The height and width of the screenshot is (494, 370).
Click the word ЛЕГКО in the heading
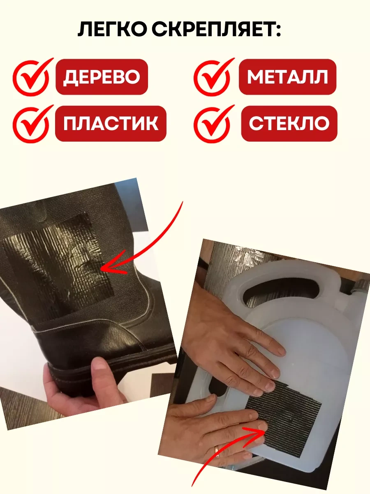[x=112, y=29]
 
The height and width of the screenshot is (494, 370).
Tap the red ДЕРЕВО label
[x=102, y=77]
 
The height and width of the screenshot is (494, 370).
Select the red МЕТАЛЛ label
[x=287, y=77]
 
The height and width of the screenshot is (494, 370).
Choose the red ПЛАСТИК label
[x=111, y=123]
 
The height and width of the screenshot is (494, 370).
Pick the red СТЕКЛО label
[x=289, y=123]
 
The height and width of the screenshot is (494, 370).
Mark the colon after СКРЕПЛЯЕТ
[x=278, y=30]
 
